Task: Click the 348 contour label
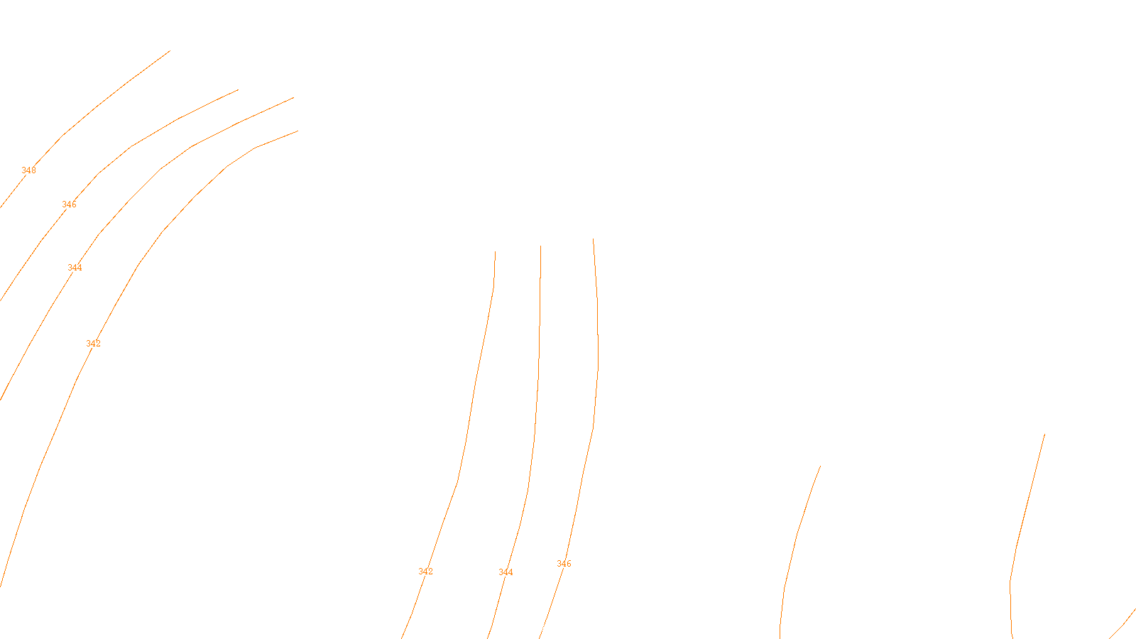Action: click(28, 170)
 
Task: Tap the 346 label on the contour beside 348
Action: click(69, 204)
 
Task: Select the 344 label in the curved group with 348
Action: click(75, 268)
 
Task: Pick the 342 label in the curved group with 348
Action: click(93, 344)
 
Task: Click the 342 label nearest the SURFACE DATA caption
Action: click(425, 572)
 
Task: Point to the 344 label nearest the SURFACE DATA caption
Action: click(506, 572)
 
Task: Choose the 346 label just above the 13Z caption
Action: click(564, 564)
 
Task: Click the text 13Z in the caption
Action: click(538, 628)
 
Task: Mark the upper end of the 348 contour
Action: click(170, 50)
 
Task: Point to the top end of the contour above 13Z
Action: click(594, 239)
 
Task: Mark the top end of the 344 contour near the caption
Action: click(540, 246)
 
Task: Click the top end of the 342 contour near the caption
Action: click(495, 251)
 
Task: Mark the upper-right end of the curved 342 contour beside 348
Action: click(297, 131)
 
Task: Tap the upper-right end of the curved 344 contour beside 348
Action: click(294, 98)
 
